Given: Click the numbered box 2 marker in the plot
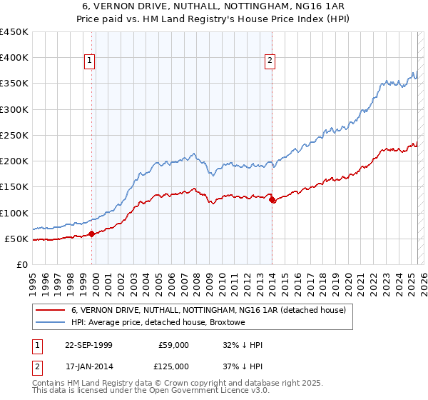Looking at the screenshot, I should pos(270,61).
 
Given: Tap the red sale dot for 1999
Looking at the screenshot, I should pos(92,234).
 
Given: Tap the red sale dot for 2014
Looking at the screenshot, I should pos(272,199).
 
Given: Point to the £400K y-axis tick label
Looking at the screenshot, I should pos(15,58).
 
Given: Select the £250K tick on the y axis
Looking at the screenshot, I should pos(15,135).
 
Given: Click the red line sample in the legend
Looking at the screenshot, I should pos(49,310).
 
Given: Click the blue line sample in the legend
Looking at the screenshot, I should pos(49,323).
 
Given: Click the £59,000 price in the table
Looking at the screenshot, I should pos(174,346).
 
